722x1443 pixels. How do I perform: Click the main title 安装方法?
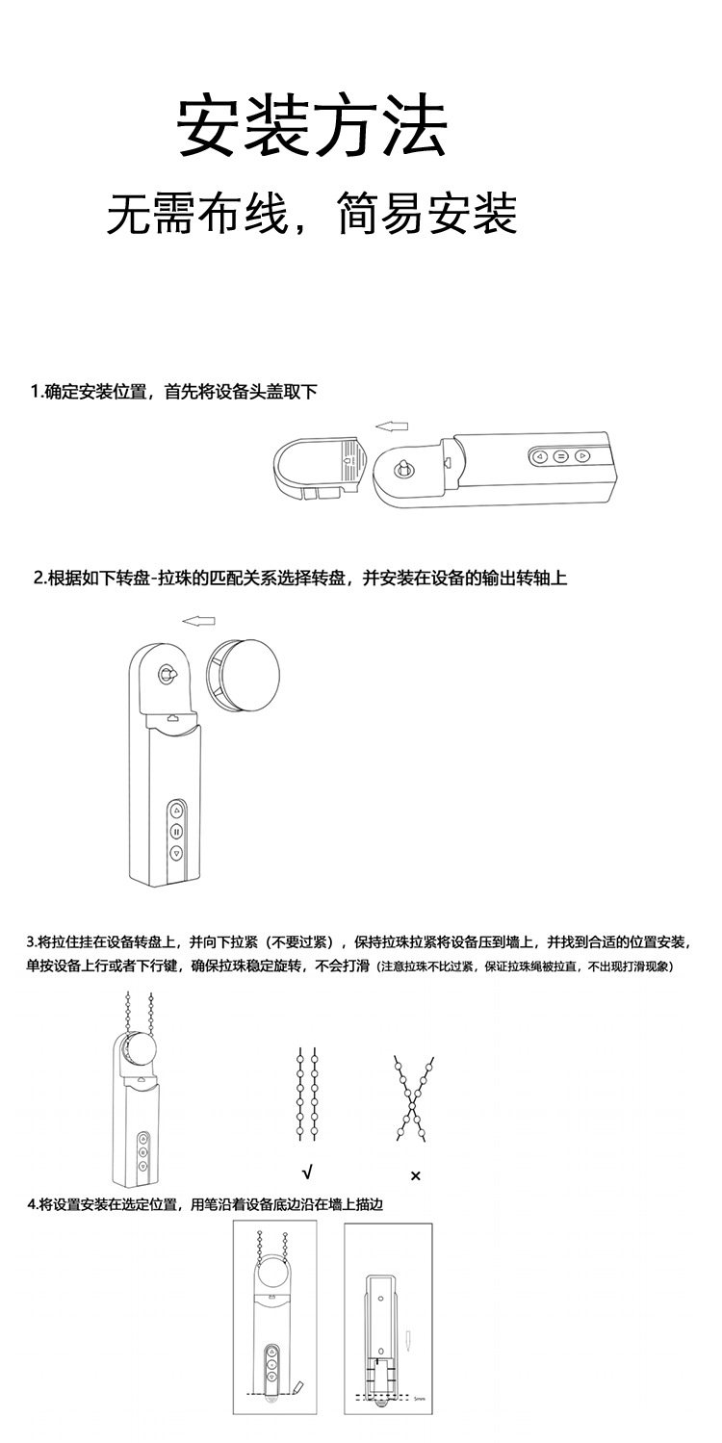pos(311,127)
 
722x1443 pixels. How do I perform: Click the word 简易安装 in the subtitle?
pos(427,213)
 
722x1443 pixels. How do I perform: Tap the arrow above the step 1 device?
pos(391,425)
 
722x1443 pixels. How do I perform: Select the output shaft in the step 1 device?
pos(404,470)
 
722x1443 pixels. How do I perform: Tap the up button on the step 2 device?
pos(176,811)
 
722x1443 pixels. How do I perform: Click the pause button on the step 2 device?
pos(176,832)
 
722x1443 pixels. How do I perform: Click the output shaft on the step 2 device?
pos(168,675)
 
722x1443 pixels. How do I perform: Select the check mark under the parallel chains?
pos(307,1172)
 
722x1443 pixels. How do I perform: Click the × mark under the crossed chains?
pos(415,1175)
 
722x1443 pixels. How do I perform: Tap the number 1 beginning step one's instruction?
pos(35,392)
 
